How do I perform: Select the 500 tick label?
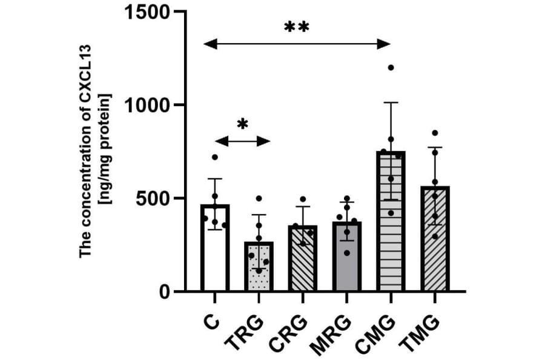click(151, 198)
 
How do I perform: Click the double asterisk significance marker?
click(297, 28)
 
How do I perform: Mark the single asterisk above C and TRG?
click(242, 125)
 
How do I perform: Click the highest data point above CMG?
click(391, 67)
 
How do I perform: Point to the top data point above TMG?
click(435, 133)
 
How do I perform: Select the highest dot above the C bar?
click(215, 157)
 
